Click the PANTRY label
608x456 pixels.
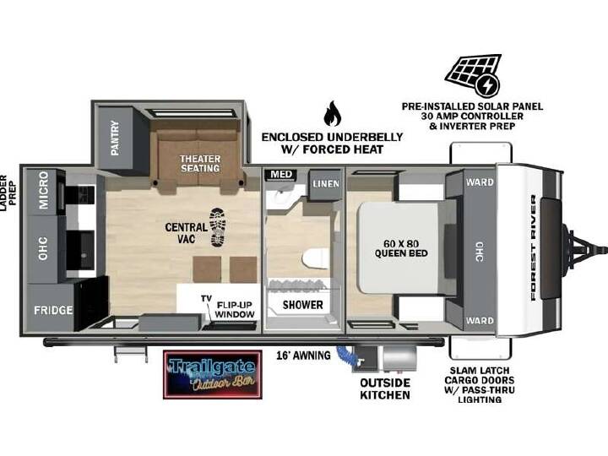pyautogui.click(x=115, y=138)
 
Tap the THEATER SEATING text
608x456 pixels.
pyautogui.click(x=200, y=164)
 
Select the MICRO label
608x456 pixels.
pyautogui.click(x=43, y=190)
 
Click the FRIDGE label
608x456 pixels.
pyautogui.click(x=53, y=310)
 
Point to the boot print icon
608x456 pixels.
pyautogui.click(x=218, y=227)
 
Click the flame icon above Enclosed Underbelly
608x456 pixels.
pyautogui.click(x=333, y=114)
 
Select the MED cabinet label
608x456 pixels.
pyautogui.click(x=281, y=175)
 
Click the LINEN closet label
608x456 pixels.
pyautogui.click(x=326, y=184)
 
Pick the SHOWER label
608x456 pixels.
pyautogui.click(x=303, y=305)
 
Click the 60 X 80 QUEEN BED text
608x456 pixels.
pyautogui.click(x=401, y=248)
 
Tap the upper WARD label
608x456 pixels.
pyautogui.click(x=480, y=182)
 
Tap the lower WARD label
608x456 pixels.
pyautogui.click(x=480, y=321)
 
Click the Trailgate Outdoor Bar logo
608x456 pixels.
pyautogui.click(x=213, y=375)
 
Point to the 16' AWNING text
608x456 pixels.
pyautogui.click(x=304, y=356)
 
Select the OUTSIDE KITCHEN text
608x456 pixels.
pyautogui.click(x=385, y=389)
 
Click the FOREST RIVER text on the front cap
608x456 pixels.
pyautogui.click(x=534, y=247)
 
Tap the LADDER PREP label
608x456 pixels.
pyautogui.click(x=8, y=190)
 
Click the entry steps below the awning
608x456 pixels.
pyautogui.click(x=131, y=354)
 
